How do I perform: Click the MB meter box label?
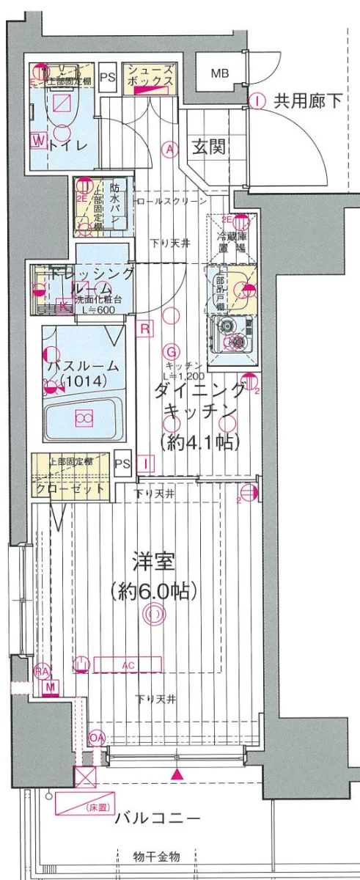click(219, 73)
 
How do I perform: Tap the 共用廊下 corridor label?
click(308, 101)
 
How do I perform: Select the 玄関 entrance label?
click(208, 147)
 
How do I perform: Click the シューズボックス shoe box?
click(150, 76)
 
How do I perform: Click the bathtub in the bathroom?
click(83, 419)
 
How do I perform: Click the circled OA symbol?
click(97, 736)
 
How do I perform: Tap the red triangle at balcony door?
click(177, 774)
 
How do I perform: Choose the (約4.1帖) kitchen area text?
click(199, 441)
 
